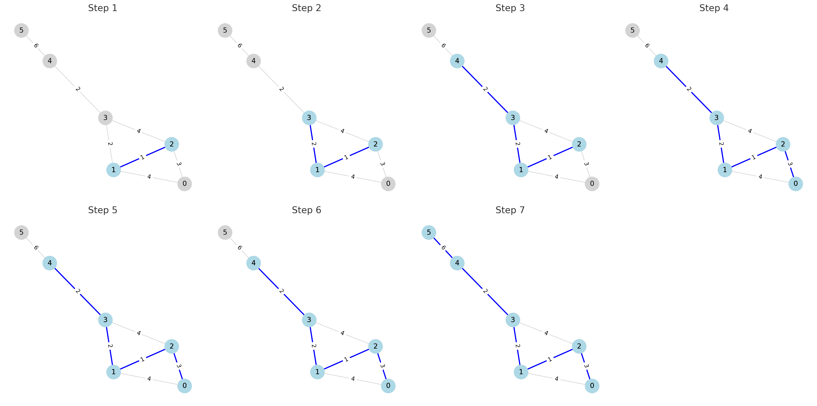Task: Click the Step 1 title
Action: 102,8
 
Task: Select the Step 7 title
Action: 510,210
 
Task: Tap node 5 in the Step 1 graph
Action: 21,30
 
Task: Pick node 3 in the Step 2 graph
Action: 309,118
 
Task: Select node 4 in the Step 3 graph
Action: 457,61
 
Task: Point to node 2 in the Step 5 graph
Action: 172,346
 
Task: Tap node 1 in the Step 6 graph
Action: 317,372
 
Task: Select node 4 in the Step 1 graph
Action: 50,61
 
